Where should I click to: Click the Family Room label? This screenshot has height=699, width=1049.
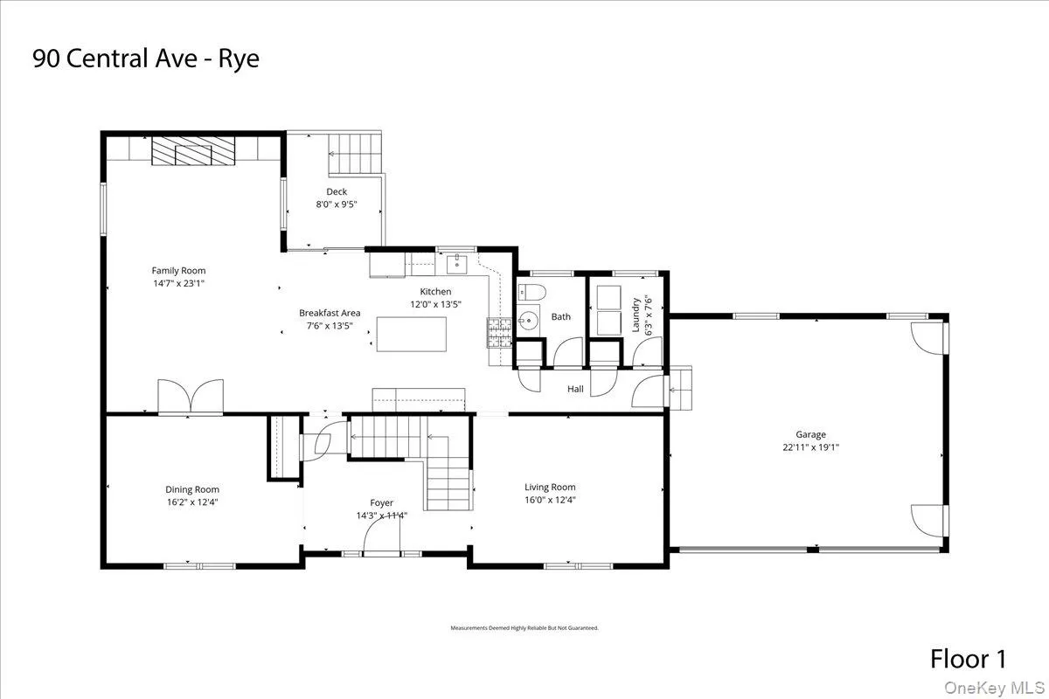pos(178,271)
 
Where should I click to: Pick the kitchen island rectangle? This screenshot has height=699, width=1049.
pos(411,334)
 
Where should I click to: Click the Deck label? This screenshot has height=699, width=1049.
pos(337,192)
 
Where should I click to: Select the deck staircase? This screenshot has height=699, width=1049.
pos(356,154)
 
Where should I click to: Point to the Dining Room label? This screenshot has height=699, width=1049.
pos(192,489)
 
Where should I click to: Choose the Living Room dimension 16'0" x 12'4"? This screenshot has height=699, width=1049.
pos(550,500)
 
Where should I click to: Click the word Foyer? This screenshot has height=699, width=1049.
pos(381,502)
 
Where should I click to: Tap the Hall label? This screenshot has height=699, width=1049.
pos(575,389)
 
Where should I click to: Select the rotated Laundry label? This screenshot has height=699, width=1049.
pos(636,315)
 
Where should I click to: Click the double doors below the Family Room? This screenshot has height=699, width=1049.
pos(191,397)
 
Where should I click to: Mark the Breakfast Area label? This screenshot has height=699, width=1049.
pos(330,313)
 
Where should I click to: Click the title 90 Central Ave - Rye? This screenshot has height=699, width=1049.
pos(146,59)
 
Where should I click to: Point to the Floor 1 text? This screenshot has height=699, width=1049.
pos(969,658)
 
